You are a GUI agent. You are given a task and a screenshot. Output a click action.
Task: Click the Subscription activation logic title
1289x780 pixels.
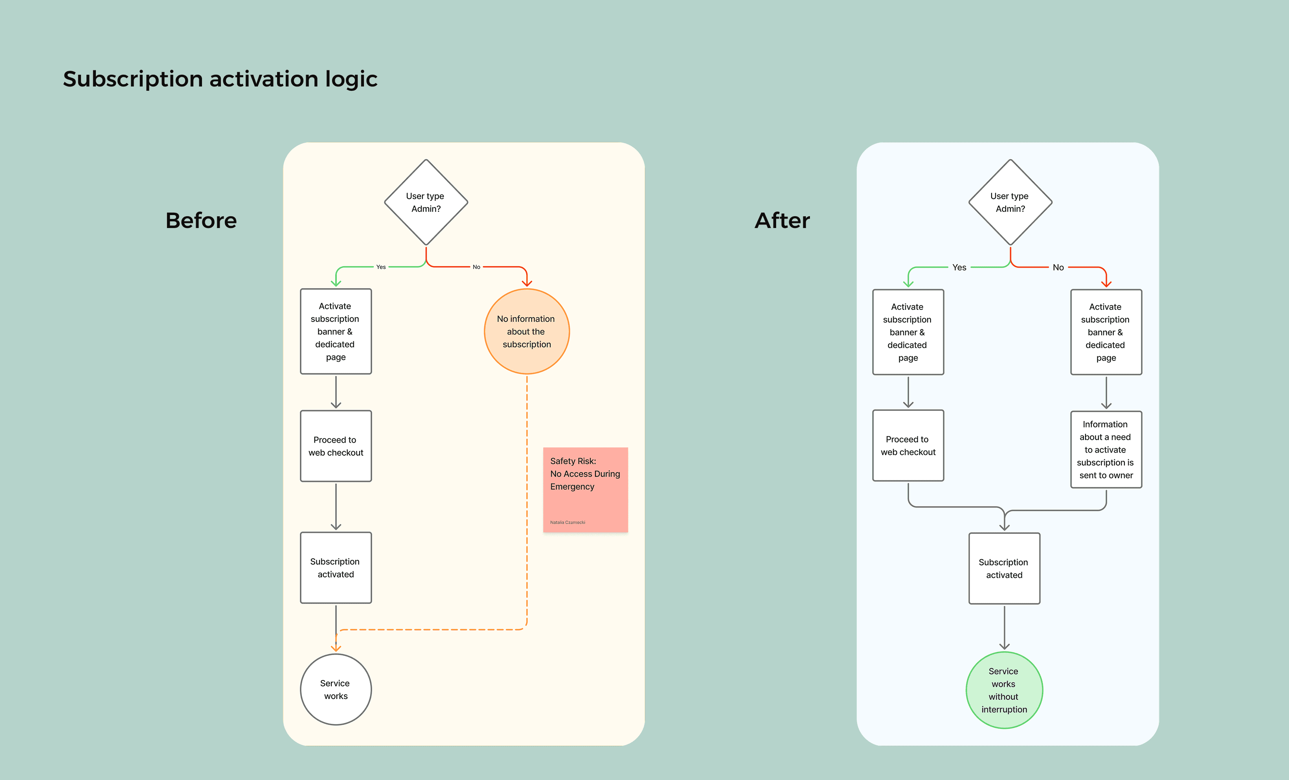pos(220,79)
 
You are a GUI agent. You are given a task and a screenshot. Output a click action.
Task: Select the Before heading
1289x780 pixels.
pos(201,221)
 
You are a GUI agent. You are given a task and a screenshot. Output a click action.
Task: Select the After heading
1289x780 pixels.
pos(782,221)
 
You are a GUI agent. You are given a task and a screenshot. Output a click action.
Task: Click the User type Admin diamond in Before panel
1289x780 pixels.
pos(426,202)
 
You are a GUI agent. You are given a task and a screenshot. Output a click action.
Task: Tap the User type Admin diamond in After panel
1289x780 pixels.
pos(1010,202)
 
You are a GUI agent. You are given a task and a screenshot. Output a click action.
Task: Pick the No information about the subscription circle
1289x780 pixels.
pos(526,331)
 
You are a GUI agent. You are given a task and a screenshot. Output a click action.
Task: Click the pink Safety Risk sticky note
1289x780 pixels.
pos(585,489)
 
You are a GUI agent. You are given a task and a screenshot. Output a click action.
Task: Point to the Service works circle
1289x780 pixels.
pos(335,690)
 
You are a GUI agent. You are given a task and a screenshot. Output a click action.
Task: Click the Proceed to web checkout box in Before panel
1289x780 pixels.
pos(335,446)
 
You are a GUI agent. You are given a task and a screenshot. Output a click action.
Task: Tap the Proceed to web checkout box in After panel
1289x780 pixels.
pos(908,445)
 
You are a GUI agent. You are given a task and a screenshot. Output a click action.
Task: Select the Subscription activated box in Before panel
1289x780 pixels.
pos(335,567)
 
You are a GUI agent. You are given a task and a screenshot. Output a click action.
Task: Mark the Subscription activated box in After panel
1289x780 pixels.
pos(1004,568)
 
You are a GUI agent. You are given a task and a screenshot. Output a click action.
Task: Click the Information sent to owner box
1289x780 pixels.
pos(1106,450)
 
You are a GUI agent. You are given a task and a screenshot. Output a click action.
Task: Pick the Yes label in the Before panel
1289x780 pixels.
pos(381,267)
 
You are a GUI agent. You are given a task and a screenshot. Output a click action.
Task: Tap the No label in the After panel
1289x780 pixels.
pos(1058,267)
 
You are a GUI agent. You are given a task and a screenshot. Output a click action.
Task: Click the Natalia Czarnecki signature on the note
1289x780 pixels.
pos(567,522)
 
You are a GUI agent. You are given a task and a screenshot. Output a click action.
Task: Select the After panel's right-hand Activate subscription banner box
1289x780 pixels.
pos(1106,332)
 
